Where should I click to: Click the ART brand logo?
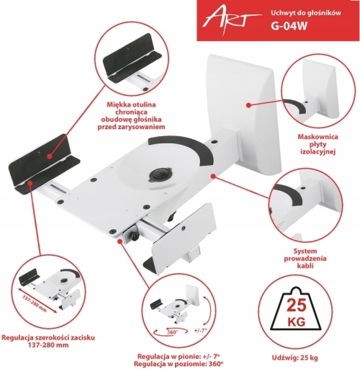230,21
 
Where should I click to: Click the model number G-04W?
289,26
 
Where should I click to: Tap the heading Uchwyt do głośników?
306,13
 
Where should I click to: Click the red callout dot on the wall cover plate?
249,105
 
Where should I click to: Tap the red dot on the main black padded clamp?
50,156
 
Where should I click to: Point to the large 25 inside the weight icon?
297,305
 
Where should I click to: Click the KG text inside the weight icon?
297,321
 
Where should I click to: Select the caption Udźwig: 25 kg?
294,357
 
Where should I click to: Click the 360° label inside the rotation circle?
172,332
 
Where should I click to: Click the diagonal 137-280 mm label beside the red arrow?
35,303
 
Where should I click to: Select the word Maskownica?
318,137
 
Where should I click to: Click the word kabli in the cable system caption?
305,266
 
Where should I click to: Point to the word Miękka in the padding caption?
119,105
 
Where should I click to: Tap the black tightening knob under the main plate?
133,236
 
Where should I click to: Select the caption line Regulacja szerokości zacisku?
48,337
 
